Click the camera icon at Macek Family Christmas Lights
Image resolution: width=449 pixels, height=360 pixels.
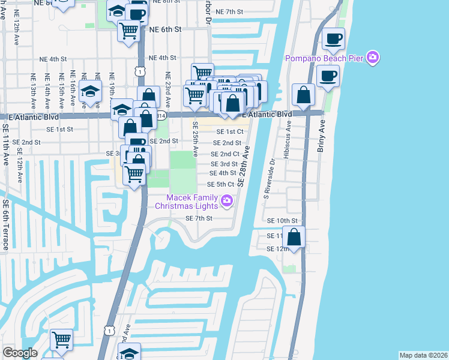(x=226, y=201)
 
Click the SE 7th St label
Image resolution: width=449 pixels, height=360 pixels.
(x=199, y=218)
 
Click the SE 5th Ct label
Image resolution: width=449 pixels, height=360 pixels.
(x=220, y=184)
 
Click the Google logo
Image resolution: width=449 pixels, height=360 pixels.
(x=20, y=353)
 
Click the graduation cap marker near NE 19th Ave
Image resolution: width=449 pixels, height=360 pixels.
(x=90, y=92)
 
